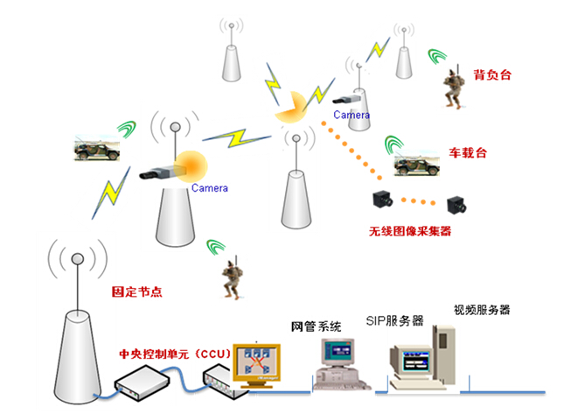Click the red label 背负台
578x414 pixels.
click(x=491, y=75)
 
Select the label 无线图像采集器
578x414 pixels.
click(x=410, y=232)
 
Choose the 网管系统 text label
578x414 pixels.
click(x=315, y=326)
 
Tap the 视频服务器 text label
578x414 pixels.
click(x=480, y=310)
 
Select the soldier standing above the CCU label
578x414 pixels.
click(x=230, y=278)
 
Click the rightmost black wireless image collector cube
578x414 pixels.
click(x=457, y=206)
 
